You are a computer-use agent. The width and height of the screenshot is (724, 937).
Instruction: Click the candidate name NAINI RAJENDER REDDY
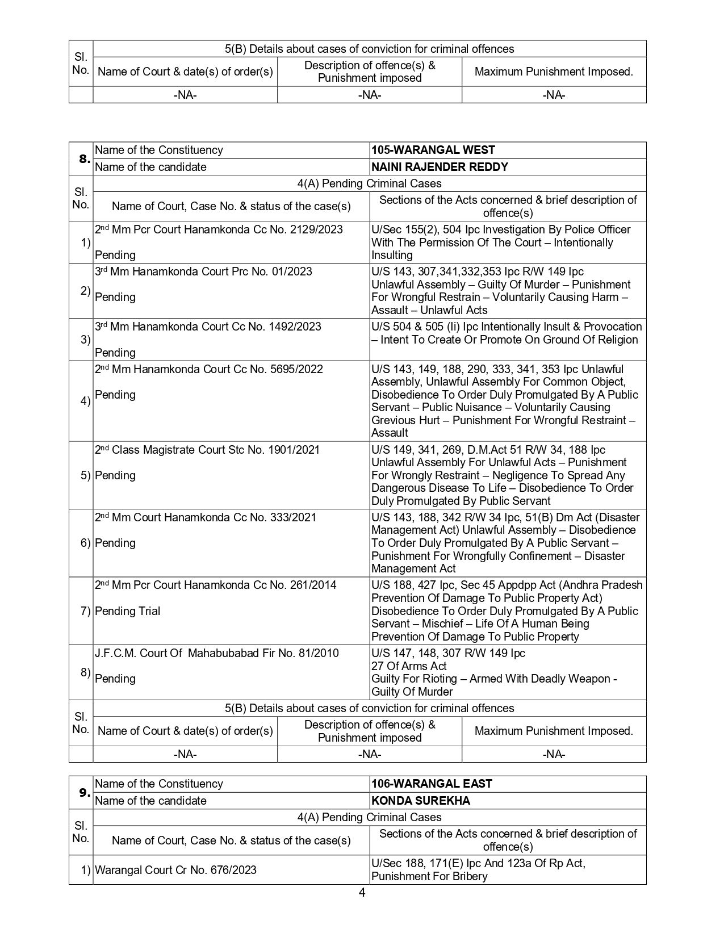point(440,167)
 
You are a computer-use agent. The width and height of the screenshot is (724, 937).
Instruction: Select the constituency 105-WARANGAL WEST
point(433,150)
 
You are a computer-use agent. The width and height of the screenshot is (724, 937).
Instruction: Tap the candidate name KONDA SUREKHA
point(420,801)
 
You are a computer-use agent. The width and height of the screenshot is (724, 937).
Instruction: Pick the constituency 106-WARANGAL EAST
point(432,784)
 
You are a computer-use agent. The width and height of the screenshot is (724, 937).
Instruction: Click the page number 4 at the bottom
point(362,893)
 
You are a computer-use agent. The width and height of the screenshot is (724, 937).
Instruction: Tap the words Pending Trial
point(127,611)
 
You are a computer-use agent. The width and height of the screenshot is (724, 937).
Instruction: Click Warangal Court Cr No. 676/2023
point(175,870)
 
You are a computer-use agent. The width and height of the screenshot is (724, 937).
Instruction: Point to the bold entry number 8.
point(84,159)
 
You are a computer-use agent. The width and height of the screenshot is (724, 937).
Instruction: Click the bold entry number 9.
point(84,793)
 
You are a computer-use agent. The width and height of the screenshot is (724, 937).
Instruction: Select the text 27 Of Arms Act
point(409,666)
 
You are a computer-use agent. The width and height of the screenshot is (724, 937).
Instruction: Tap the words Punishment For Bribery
point(429,876)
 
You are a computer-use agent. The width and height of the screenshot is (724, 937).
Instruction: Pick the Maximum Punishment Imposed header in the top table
point(554,72)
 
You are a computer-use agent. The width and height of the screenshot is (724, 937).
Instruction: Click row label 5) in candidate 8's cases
point(85,475)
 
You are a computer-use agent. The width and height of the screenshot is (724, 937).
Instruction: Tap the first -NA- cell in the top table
point(185,95)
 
